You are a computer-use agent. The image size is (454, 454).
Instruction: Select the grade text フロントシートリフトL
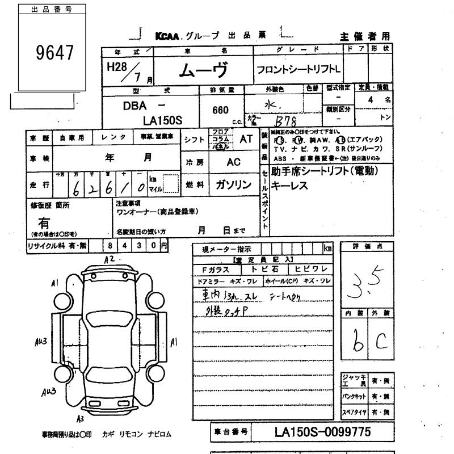[298, 70]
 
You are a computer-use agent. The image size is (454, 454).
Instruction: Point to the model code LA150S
[166, 120]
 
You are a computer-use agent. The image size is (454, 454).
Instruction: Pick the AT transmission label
[246, 138]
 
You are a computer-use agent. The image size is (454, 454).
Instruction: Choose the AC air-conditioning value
[234, 162]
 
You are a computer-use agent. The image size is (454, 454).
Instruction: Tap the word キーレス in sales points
[289, 184]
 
